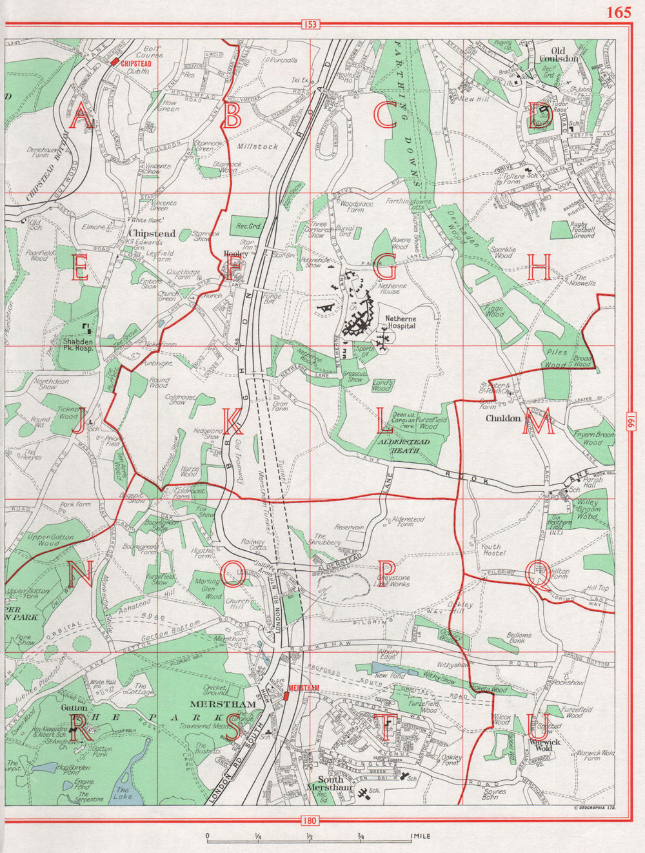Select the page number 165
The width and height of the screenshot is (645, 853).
pyautogui.click(x=618, y=12)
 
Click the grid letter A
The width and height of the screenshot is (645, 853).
pyautogui.click(x=81, y=118)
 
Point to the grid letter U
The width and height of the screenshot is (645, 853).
pyautogui.click(x=539, y=730)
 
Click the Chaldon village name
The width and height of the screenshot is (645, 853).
pyautogui.click(x=504, y=418)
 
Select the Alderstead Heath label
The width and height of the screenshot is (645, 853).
pyautogui.click(x=404, y=446)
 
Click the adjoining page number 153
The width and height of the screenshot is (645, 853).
pyautogui.click(x=310, y=25)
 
